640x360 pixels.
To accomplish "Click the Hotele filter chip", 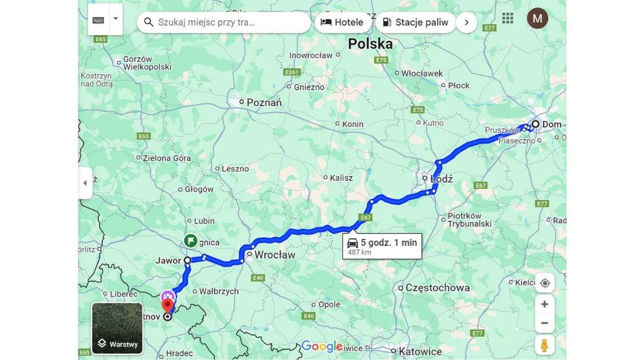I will pyautogui.click(x=342, y=22).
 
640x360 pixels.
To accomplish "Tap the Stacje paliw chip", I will pyautogui.click(x=415, y=22).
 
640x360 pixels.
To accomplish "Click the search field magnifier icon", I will pyautogui.click(x=149, y=22).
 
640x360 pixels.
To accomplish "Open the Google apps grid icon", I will pyautogui.click(x=508, y=18).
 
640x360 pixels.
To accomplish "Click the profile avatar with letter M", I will pyautogui.click(x=537, y=19).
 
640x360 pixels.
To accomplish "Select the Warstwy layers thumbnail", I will pyautogui.click(x=117, y=329).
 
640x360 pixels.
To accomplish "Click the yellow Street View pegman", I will pyautogui.click(x=544, y=345).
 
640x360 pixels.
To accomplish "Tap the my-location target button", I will pyautogui.click(x=545, y=283).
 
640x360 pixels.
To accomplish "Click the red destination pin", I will pyautogui.click(x=167, y=306).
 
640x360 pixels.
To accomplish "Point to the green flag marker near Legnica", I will pyautogui.click(x=190, y=241).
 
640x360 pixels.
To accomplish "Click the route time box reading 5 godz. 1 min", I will pyautogui.click(x=382, y=246).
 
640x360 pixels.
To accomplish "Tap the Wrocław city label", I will pyautogui.click(x=275, y=255).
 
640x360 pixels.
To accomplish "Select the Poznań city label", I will pyautogui.click(x=264, y=102).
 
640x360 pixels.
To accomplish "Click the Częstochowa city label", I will pyautogui.click(x=437, y=288).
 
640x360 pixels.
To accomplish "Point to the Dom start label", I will pyautogui.click(x=551, y=125).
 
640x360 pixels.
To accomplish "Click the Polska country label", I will pyautogui.click(x=370, y=44).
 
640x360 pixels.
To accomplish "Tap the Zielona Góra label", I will pyautogui.click(x=166, y=158).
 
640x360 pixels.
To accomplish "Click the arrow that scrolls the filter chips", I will pyautogui.click(x=466, y=22).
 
